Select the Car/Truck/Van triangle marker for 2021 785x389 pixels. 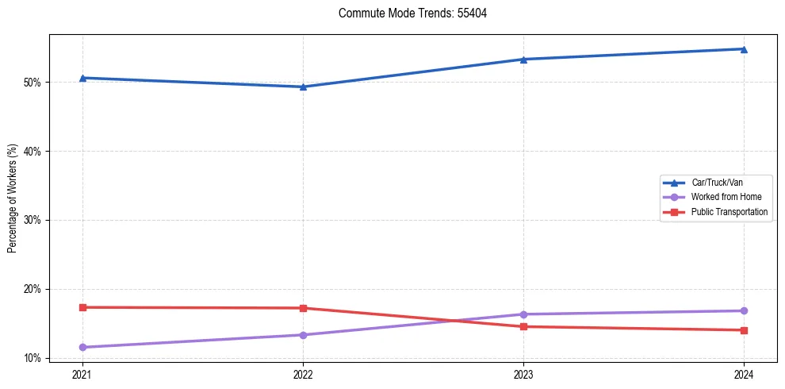click(x=82, y=78)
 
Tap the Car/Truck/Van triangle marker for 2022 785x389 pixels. click(x=303, y=87)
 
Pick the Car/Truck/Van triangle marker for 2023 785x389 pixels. click(x=523, y=59)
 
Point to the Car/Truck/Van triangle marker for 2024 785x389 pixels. click(x=744, y=49)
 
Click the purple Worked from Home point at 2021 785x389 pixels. click(x=82, y=347)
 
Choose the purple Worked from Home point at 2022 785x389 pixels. click(x=303, y=335)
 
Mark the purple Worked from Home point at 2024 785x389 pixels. click(x=744, y=310)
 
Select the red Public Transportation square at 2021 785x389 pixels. click(x=82, y=307)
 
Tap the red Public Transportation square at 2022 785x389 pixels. click(x=303, y=308)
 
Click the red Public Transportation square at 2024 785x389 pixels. click(x=744, y=330)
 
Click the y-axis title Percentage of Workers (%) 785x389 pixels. click(x=13, y=198)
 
